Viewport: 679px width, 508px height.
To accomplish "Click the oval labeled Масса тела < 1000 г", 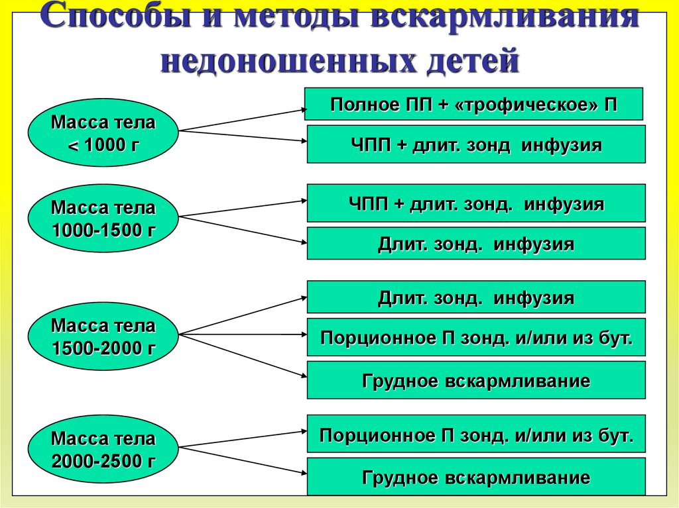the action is pos(103,133).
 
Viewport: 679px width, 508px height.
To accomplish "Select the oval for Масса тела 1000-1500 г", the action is pos(103,219).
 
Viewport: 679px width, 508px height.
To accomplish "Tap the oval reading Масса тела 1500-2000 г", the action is pos(103,336).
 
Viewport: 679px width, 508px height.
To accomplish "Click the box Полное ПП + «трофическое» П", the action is pos(473,104).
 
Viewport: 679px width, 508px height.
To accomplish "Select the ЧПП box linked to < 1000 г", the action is pos(475,144).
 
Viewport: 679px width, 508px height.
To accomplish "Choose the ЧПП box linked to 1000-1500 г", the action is pos(475,203).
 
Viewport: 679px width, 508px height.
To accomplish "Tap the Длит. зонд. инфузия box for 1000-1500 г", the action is pos(475,244).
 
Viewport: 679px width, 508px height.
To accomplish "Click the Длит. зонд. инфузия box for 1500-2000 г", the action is pos(475,297).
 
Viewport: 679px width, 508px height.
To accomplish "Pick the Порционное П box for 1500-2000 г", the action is pos(475,338).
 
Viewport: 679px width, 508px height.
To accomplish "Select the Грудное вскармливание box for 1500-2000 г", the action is pos(475,380).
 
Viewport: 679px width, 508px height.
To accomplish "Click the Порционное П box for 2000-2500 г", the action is pos(475,434).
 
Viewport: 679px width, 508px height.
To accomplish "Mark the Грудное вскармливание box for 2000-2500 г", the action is pos(475,476).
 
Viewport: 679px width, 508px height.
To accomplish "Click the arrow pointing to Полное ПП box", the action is pos(242,120).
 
